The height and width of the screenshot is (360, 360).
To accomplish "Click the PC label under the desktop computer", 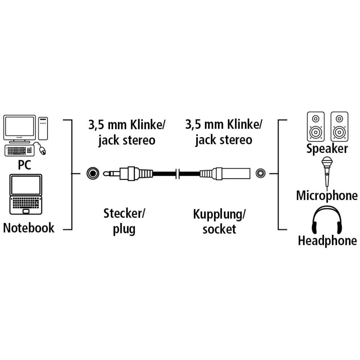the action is click(x=24, y=165).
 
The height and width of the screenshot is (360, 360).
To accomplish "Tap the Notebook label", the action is click(x=29, y=228).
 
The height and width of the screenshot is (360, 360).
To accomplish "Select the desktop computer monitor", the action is click(x=19, y=129).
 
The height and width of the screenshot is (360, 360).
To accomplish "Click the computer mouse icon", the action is click(x=42, y=150).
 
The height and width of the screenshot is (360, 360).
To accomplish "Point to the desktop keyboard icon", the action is click(x=19, y=151).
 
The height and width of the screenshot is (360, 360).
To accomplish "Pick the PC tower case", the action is click(x=43, y=128).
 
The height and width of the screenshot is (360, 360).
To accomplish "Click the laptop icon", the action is click(x=26, y=194).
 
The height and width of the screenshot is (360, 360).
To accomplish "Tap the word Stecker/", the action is click(x=124, y=214).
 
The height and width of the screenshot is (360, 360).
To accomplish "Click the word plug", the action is click(x=124, y=229).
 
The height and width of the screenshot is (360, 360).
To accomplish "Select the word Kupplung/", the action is click(x=219, y=214).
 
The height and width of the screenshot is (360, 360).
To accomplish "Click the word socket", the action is click(x=219, y=229).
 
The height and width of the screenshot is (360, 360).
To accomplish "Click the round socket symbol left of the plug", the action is click(x=93, y=173).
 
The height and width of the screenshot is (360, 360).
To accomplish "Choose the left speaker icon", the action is click(x=316, y=127).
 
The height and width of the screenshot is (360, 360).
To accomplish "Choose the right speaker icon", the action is click(x=340, y=127).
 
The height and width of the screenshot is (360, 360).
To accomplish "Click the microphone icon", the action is click(x=327, y=171).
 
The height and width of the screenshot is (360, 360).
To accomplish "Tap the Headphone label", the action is click(x=327, y=241).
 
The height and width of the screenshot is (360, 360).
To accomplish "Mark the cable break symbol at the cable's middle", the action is click(x=177, y=174).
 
